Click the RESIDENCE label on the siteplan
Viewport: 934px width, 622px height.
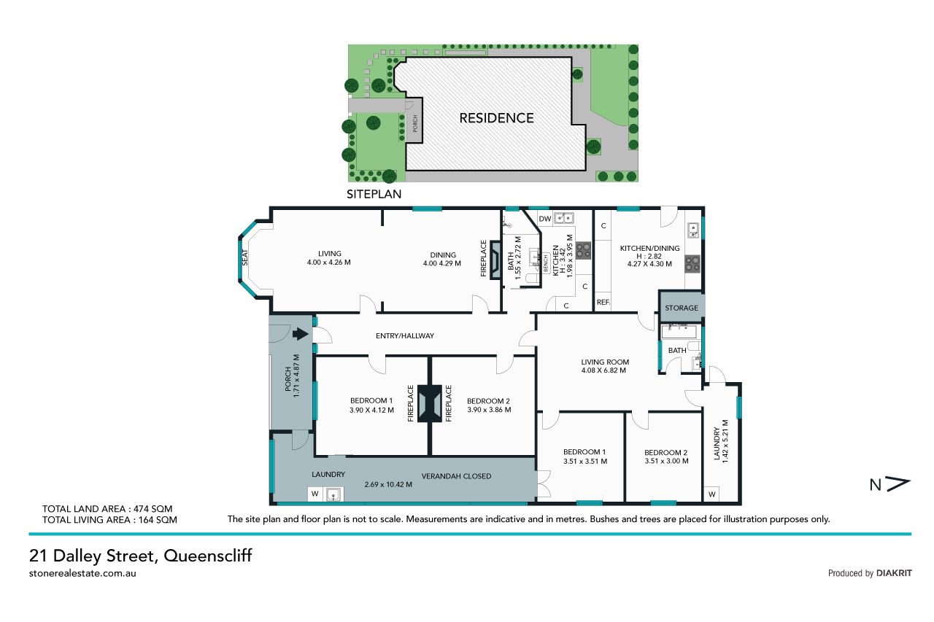[x=496, y=118]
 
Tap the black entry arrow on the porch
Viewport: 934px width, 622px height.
[x=300, y=334]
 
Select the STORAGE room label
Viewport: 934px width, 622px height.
[x=682, y=308]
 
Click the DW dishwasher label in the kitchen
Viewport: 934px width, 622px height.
[x=545, y=219]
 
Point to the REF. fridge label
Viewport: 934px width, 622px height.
[x=603, y=302]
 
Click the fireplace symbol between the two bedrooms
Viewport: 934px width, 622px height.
[x=430, y=403]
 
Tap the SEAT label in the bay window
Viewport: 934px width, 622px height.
[x=245, y=257]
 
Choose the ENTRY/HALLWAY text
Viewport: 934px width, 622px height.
[x=405, y=335]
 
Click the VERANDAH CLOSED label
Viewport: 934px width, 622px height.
[x=456, y=476]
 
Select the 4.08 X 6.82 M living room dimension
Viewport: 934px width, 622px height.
[x=603, y=370]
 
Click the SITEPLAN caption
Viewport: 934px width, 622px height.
[x=374, y=194]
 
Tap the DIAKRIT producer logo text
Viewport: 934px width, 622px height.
[x=894, y=573]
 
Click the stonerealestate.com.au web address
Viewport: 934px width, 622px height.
[x=82, y=573]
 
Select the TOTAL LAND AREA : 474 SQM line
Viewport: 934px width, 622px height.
[x=107, y=509]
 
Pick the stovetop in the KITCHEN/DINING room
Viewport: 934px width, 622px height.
[x=692, y=263]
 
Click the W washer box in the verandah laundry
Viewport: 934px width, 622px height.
[x=315, y=494]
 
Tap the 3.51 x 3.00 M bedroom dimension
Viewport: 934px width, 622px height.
[x=666, y=461]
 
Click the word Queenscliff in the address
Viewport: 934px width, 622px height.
[x=208, y=556]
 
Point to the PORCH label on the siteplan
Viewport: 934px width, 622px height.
[x=415, y=123]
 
